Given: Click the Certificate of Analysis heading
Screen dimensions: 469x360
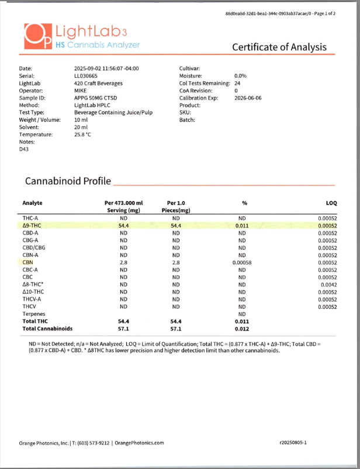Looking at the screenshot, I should coord(279,47).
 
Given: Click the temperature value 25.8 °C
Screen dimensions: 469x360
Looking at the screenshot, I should coord(82,135).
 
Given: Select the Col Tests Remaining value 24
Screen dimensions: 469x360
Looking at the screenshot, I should coord(237,83).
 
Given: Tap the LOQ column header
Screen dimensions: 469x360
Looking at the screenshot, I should coord(331,203).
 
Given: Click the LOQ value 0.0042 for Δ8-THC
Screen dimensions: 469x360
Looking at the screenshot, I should coord(327,285).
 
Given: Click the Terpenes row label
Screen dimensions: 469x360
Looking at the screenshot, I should coord(34,314).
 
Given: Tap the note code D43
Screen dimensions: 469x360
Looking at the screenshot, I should coord(25,150).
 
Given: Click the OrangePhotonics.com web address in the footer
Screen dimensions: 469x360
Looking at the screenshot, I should coord(139,443).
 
